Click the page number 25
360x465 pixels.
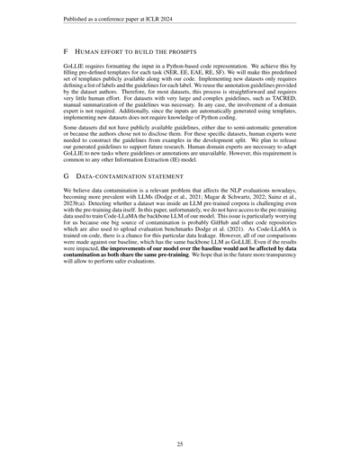click(x=180, y=443)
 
